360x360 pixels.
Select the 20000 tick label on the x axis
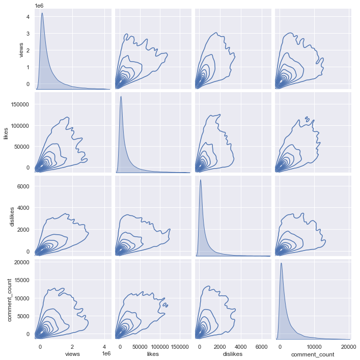[349, 346]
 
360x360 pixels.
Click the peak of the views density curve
[42, 13]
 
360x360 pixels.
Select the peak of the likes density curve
[121, 96]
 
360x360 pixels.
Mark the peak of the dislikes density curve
[200, 180]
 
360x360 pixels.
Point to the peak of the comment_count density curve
[281, 263]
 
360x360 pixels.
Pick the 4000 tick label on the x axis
[240, 346]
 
